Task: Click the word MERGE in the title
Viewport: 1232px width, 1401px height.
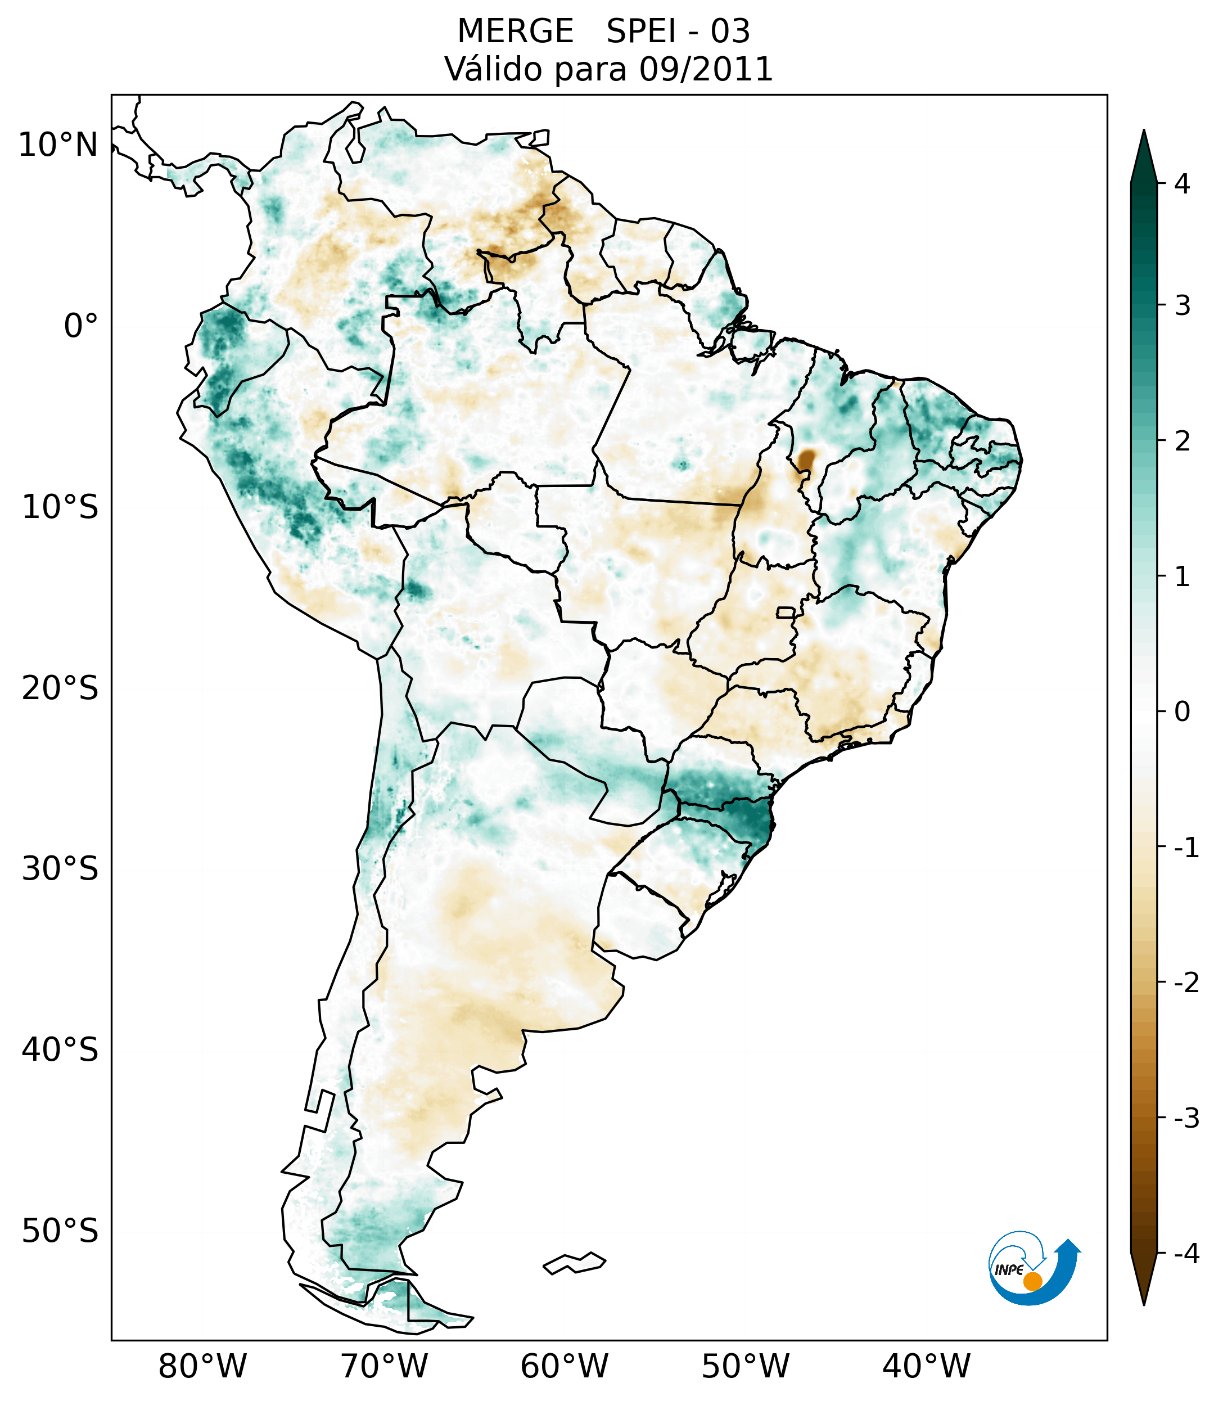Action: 515,31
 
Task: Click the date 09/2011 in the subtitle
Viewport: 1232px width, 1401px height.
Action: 706,69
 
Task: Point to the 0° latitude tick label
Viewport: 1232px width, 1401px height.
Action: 81,326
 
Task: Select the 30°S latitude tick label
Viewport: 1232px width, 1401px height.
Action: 60,869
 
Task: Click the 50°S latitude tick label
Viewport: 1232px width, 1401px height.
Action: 60,1232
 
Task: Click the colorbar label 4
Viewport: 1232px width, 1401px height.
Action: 1182,184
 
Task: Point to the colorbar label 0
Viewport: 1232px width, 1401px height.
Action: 1182,712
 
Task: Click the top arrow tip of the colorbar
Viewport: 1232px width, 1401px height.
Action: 1143,132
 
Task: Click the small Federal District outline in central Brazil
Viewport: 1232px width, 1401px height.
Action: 785,611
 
